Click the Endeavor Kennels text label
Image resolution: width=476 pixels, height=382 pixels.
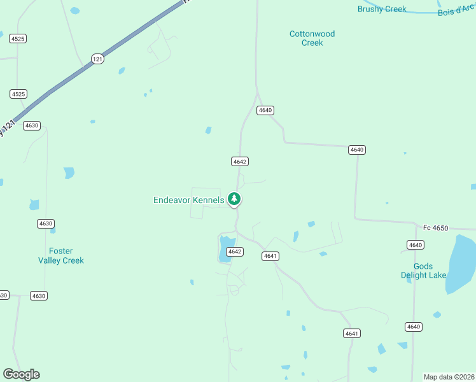[188, 200]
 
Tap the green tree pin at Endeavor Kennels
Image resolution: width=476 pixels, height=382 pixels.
[234, 199]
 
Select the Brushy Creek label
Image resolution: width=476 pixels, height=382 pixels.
[382, 9]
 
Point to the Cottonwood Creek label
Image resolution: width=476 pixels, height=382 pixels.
[312, 38]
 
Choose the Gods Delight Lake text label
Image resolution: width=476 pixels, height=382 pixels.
[423, 271]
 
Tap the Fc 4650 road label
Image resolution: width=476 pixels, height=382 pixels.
[436, 227]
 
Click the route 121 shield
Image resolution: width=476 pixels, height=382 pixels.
[97, 59]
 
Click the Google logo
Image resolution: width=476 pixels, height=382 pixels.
[21, 374]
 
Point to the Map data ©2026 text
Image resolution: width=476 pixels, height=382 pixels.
[449, 377]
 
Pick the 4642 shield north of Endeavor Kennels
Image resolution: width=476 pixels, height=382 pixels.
[239, 162]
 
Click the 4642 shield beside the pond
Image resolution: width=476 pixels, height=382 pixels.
[235, 251]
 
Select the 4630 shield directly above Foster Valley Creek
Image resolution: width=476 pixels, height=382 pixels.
[45, 223]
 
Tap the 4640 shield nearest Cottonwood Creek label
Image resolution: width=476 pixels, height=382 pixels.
[265, 110]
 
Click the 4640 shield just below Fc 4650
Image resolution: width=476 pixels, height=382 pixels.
[415, 245]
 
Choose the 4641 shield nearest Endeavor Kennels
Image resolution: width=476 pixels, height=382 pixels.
[270, 256]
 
